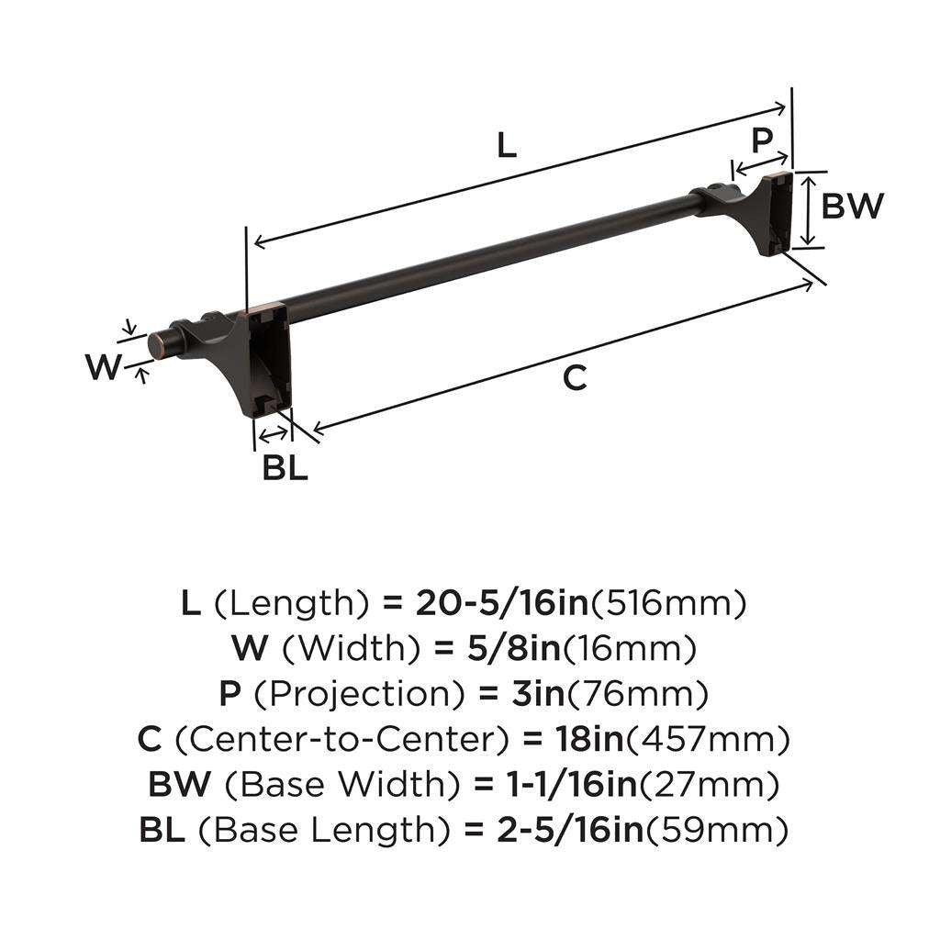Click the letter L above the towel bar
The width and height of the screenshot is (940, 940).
[x=506, y=146]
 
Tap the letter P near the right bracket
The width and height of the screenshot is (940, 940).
[x=761, y=140]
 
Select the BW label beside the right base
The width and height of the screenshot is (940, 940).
[x=852, y=207]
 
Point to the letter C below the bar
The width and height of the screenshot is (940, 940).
[x=575, y=377]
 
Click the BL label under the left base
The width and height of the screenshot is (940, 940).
[x=285, y=468]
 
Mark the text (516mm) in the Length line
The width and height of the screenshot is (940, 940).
[x=667, y=603]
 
